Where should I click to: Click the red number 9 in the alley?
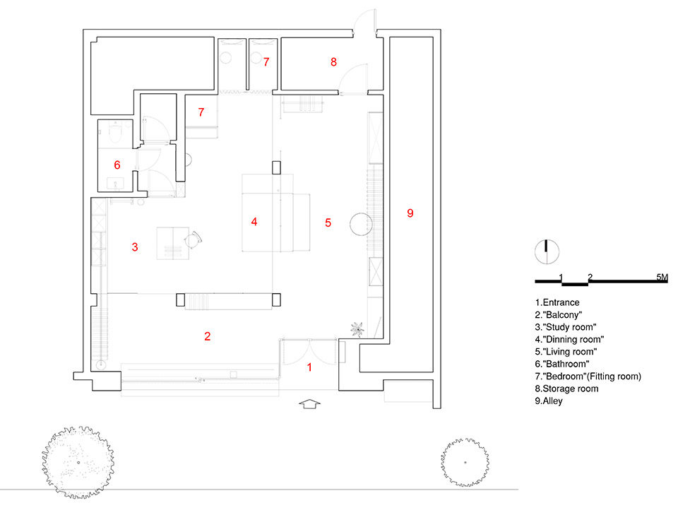(410, 213)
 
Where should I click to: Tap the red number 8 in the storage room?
(333, 62)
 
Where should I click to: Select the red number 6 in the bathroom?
(117, 165)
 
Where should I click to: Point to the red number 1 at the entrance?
(309, 367)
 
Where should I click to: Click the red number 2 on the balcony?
(207, 336)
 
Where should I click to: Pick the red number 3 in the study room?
(134, 247)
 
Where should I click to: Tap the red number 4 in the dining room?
(254, 222)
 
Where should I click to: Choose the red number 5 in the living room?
(328, 223)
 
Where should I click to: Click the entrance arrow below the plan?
(310, 404)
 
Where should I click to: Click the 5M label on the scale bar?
(661, 277)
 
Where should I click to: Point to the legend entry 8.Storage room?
(566, 389)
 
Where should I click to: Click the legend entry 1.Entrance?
(557, 303)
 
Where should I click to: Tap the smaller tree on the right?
(465, 462)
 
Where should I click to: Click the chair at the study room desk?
(193, 240)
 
